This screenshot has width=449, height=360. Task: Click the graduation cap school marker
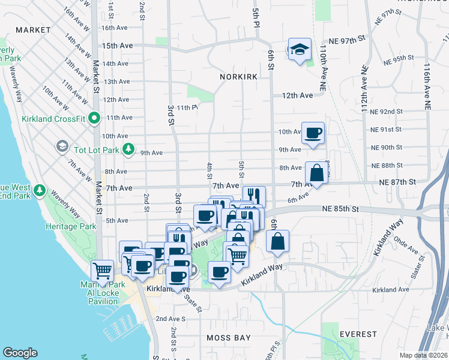[299, 50]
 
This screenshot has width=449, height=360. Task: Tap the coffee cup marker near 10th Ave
[312, 133]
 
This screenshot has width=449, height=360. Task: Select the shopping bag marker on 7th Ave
[317, 173]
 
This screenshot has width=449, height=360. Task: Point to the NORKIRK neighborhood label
[238, 77]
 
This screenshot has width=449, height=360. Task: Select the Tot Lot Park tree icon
[127, 148]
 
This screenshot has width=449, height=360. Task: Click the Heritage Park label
[71, 227]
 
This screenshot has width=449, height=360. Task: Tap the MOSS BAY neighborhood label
[228, 338]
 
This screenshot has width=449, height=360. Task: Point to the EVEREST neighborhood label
[358, 334]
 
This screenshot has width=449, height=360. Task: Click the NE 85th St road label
[339, 209]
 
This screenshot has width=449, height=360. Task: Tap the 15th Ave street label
[117, 46]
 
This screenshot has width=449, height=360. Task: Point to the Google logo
[20, 352]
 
